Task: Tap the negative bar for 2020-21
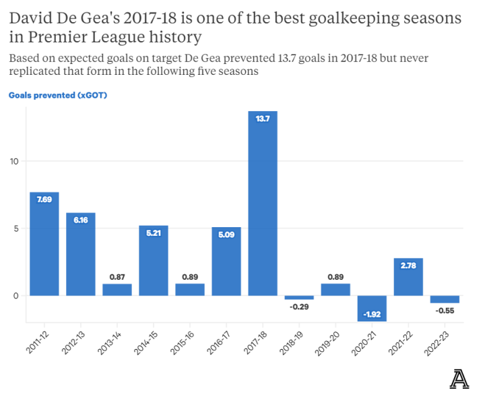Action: click(372, 308)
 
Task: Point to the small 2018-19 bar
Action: click(299, 297)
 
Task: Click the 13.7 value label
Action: click(263, 119)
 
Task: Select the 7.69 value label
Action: click(44, 200)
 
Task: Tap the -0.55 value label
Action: click(445, 311)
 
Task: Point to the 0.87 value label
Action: click(117, 276)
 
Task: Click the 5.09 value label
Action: click(226, 235)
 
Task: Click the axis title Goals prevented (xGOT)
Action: click(58, 95)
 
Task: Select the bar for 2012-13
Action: click(81, 254)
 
